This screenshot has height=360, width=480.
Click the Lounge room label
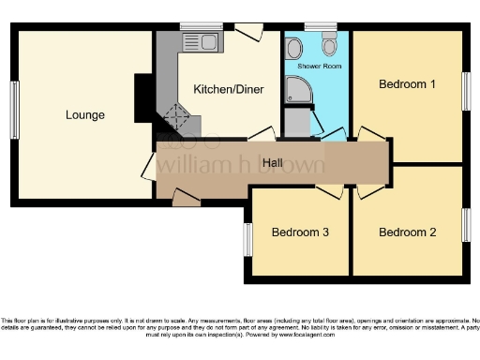[84, 115]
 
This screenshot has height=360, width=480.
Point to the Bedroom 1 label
[407, 84]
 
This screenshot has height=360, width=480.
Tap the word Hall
[273, 164]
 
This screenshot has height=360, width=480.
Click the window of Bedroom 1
[465, 91]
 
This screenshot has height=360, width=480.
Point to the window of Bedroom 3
[247, 237]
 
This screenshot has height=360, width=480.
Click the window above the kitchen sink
[195, 26]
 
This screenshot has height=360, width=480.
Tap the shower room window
[319, 26]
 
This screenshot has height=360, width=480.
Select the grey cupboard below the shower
[297, 123]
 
